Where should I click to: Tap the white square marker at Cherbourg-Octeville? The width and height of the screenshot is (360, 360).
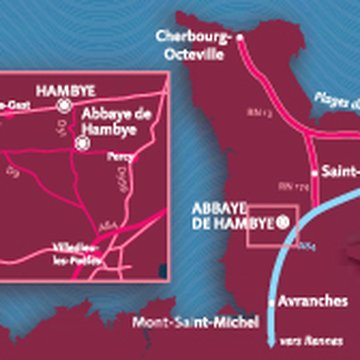tap(237, 39)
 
